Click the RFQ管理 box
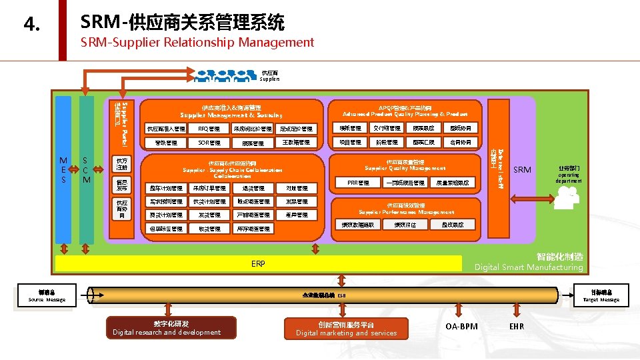pyautogui.click(x=209, y=129)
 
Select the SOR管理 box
pyautogui.click(x=209, y=143)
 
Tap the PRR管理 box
pyautogui.click(x=358, y=182)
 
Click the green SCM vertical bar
pyautogui.click(x=86, y=170)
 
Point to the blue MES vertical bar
pyautogui.click(x=63, y=170)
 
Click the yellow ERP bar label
pyautogui.click(x=258, y=264)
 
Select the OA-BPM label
pyautogui.click(x=461, y=327)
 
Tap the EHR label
pyautogui.click(x=517, y=327)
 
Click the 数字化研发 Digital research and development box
pyautogui.click(x=166, y=327)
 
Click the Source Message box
pyautogui.click(x=47, y=296)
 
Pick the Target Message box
pyautogui.click(x=601, y=296)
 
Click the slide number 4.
pyautogui.click(x=31, y=25)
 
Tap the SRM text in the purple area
pyautogui.click(x=522, y=170)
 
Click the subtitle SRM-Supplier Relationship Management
pyautogui.click(x=197, y=43)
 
